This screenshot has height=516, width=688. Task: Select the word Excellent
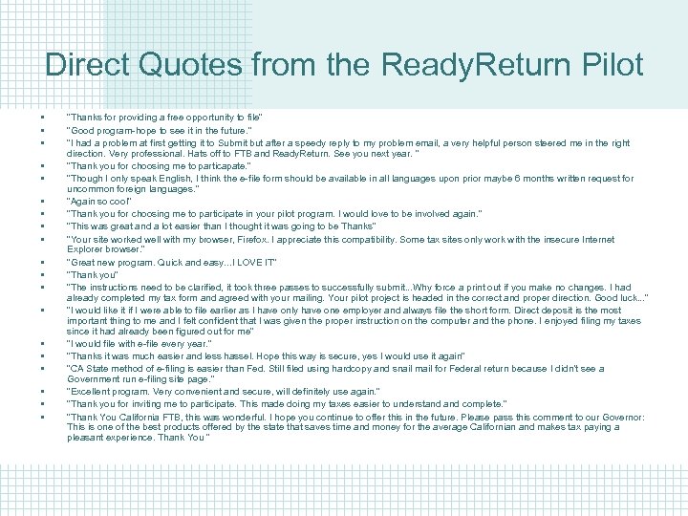click(x=87, y=392)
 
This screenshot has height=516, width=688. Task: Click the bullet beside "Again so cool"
click(x=45, y=202)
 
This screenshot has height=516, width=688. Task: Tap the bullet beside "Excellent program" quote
click(x=45, y=392)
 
